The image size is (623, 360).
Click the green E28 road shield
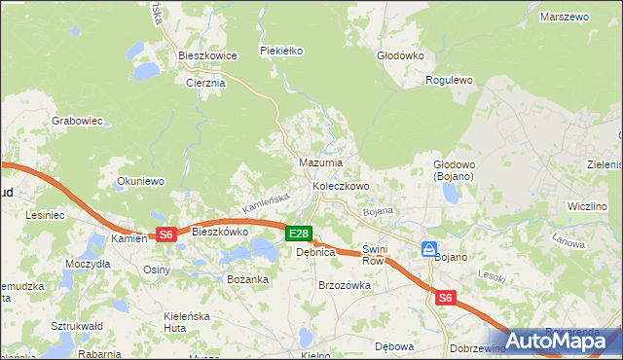point(299,234)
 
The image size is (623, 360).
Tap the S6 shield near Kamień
point(165,234)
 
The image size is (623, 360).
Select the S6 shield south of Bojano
point(445,299)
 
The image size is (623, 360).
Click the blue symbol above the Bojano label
point(428,250)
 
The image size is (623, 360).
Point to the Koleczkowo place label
point(341,186)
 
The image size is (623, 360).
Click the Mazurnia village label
point(319,162)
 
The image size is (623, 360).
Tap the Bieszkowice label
point(207,56)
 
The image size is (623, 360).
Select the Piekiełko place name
point(282,50)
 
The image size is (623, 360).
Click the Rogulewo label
point(449,81)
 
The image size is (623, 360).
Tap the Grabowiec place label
point(77,122)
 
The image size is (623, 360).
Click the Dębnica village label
point(315,252)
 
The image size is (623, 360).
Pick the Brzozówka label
point(345,285)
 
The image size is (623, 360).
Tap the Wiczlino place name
point(587,207)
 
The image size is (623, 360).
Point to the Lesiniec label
point(45,214)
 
